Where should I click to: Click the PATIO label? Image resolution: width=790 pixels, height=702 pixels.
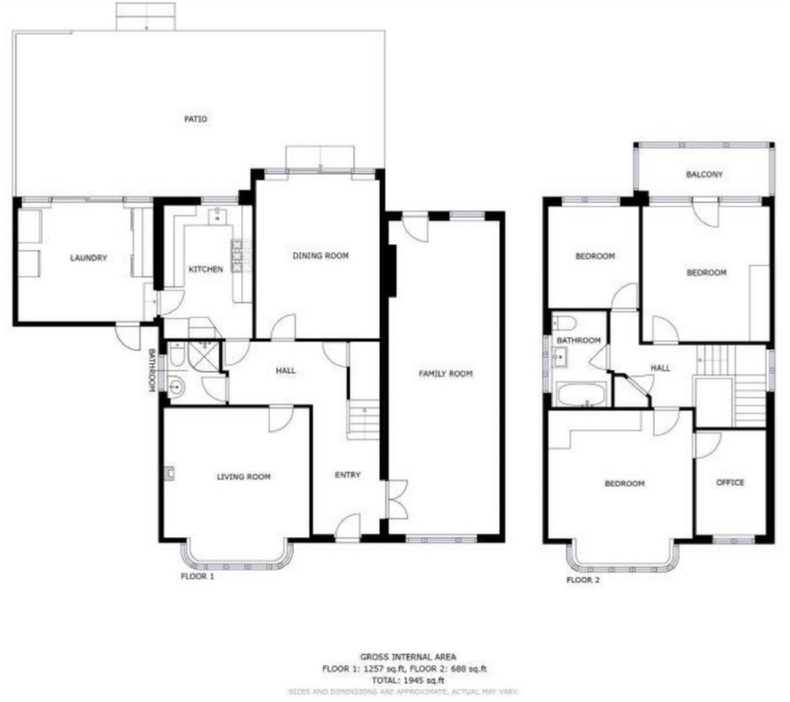click(196, 119)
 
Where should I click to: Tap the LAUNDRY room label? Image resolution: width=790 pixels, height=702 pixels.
click(88, 258)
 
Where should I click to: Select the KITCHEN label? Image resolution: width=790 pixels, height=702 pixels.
click(206, 269)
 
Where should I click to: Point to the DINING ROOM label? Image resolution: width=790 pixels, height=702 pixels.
click(320, 256)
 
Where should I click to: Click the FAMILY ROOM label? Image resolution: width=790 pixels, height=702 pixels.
click(445, 374)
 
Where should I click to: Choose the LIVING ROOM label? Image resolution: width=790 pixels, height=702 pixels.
click(243, 477)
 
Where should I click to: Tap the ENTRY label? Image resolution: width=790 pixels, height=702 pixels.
click(348, 474)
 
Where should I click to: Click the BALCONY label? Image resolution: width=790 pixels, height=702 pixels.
click(704, 174)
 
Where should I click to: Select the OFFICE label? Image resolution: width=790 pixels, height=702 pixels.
click(730, 482)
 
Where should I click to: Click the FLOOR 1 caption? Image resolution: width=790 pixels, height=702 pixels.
click(197, 576)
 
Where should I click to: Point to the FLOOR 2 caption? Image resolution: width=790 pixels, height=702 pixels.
click(583, 580)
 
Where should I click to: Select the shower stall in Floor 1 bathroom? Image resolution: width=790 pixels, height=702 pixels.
click(205, 355)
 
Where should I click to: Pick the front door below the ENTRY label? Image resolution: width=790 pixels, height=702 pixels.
click(348, 527)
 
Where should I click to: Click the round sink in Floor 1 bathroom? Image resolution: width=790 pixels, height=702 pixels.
click(176, 387)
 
